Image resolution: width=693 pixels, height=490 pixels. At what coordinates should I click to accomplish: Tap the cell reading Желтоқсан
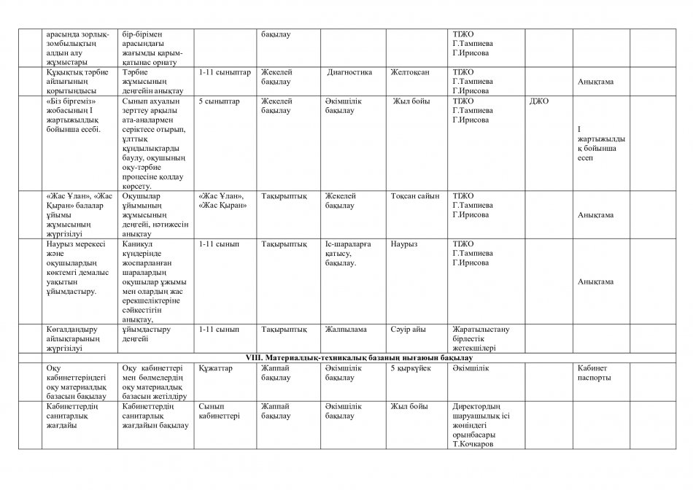pos(410,72)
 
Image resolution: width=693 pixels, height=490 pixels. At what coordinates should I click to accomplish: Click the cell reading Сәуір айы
pos(408,329)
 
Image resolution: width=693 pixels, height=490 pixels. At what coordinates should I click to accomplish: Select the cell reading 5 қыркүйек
pos(411,369)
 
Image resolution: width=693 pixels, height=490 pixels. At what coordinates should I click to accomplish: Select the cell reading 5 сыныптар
pos(219,101)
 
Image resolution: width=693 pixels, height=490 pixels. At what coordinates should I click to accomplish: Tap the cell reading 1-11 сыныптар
pos(224,72)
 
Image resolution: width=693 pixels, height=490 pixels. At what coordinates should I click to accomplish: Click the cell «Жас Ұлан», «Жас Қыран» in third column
pos(223,201)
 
